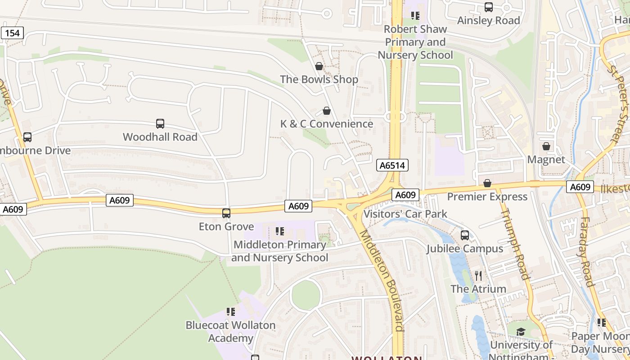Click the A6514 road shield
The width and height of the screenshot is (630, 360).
coord(392,166)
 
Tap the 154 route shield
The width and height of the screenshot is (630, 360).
coord(12,33)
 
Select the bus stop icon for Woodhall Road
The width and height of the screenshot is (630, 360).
coord(160,124)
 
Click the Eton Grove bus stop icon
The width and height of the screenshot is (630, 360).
coord(226,213)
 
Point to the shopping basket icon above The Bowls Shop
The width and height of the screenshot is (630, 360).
coord(319,67)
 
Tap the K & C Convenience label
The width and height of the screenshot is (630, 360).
coord(327,124)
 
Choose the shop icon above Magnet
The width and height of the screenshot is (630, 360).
coord(546,147)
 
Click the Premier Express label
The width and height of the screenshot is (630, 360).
coord(487,197)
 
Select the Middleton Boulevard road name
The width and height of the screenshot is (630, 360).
coord(381,279)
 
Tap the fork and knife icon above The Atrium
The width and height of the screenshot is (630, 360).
coord(478,275)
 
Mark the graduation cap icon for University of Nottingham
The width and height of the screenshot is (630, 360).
coord(521,332)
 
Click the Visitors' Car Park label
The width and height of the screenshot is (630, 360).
coord(405,214)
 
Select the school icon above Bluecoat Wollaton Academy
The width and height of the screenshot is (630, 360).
coord(231,312)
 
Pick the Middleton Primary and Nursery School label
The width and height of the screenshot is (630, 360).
coord(279,251)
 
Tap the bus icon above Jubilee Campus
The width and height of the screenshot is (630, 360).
coord(465,235)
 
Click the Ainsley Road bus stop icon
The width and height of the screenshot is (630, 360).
coord(489,7)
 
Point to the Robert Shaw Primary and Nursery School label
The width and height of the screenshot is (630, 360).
coord(415,42)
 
